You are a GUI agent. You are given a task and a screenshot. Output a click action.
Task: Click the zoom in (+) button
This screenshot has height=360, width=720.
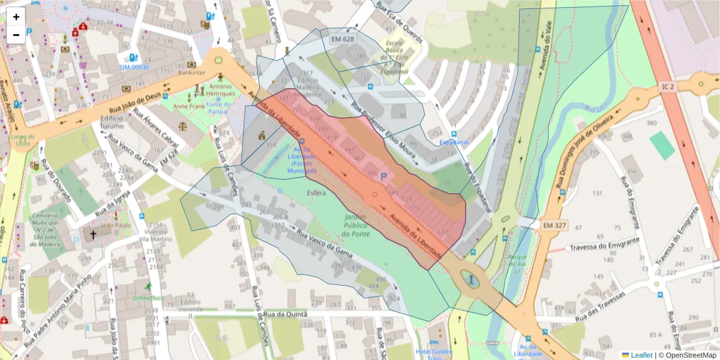pos(16,17)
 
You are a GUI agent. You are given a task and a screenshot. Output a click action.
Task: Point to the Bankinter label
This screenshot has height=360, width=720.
pos(192,73)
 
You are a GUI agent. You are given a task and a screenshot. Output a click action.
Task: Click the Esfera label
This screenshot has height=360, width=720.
pos(316,193)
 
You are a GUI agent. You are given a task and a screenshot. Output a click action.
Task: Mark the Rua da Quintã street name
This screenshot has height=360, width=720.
pos(285,314)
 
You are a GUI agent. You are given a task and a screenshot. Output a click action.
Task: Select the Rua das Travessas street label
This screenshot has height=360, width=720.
pos(595,307)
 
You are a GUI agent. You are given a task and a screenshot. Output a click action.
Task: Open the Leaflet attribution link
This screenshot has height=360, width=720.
pos(641,355)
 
